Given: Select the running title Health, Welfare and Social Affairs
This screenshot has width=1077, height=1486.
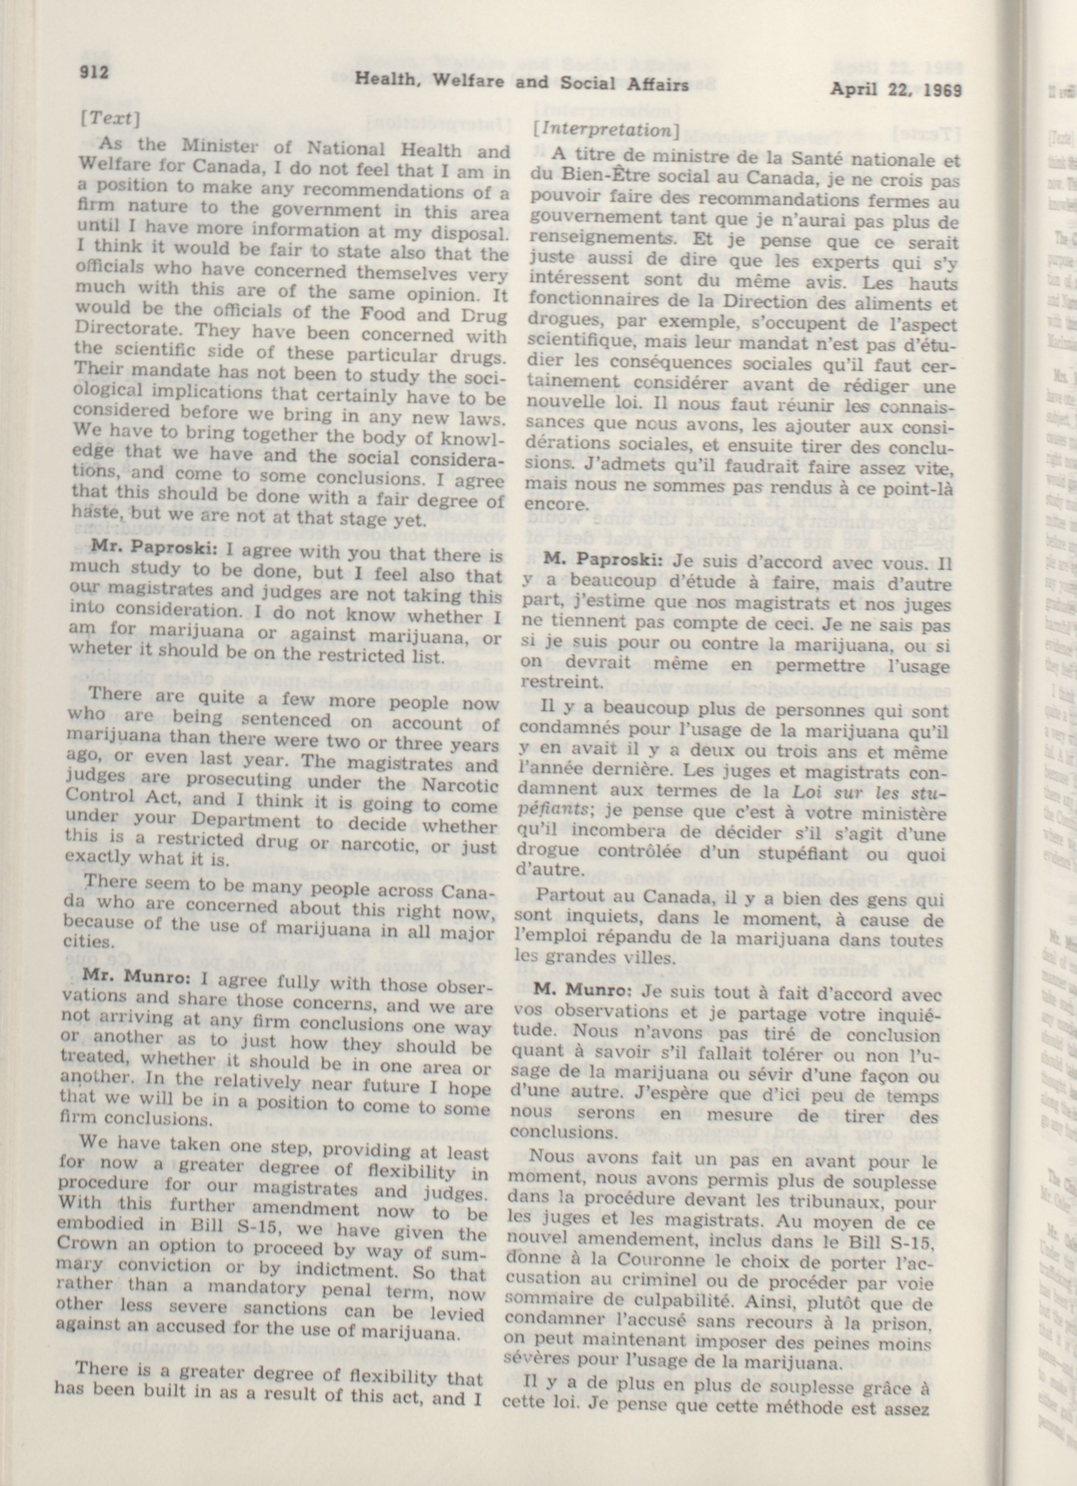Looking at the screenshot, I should click(522, 83).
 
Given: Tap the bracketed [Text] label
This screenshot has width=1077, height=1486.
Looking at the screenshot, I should click(110, 118).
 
